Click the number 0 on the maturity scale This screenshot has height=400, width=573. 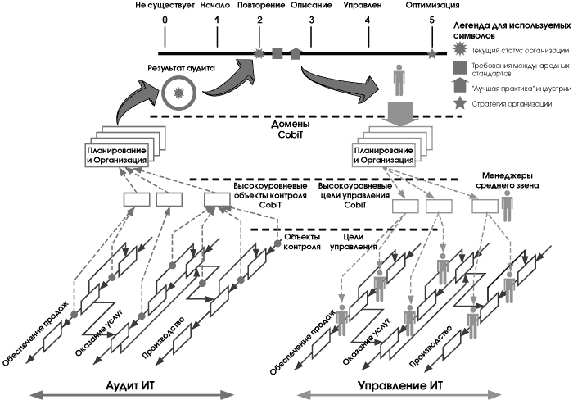165,19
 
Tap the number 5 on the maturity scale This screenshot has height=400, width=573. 431,19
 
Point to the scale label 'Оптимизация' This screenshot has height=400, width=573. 431,5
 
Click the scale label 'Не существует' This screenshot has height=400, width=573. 165,5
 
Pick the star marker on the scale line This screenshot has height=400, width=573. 431,53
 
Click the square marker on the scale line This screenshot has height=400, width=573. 277,53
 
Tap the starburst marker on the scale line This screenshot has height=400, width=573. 259,53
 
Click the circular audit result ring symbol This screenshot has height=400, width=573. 175,92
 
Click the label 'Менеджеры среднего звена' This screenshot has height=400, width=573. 508,180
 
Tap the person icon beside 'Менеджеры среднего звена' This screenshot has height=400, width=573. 507,210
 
